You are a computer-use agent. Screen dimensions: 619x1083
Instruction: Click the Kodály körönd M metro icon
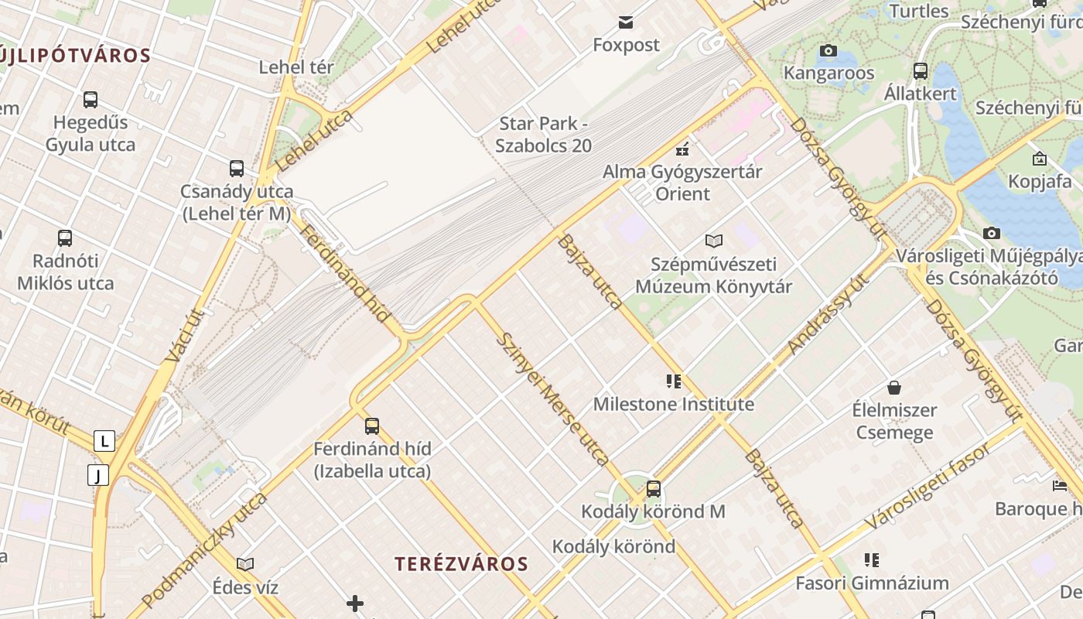coord(654,488)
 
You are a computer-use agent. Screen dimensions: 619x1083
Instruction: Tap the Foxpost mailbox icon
coord(626,22)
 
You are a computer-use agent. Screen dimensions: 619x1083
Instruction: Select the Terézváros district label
coord(461,564)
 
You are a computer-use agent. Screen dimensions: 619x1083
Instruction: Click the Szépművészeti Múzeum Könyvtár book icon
coord(713,241)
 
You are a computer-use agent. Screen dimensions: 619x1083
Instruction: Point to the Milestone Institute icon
coord(673,381)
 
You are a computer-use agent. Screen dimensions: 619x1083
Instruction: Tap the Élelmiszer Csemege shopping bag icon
coord(894,387)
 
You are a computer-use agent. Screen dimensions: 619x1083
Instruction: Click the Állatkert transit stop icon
coord(921,71)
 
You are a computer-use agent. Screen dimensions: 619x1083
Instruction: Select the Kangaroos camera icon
coord(828,51)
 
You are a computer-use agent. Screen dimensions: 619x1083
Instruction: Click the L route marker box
coord(104,441)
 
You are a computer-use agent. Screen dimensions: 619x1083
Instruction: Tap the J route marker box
coord(98,475)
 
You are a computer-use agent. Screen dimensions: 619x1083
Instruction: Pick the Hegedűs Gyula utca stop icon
coord(91,100)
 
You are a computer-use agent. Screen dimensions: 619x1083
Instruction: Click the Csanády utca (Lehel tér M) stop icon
coord(237,168)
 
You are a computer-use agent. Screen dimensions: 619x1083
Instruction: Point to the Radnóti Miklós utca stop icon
coord(65,238)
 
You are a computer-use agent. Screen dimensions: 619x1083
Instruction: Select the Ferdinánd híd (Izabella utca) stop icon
coord(372,426)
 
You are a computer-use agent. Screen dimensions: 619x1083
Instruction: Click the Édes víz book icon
coord(245,565)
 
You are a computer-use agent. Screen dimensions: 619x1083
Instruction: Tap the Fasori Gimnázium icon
coord(872,559)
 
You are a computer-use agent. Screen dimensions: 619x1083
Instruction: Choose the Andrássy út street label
coord(827,313)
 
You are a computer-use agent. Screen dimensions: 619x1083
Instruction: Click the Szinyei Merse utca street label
coord(552,398)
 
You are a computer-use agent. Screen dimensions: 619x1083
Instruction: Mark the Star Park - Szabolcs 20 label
coord(545,134)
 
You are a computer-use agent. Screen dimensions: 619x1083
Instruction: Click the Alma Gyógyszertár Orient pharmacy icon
coord(682,148)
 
